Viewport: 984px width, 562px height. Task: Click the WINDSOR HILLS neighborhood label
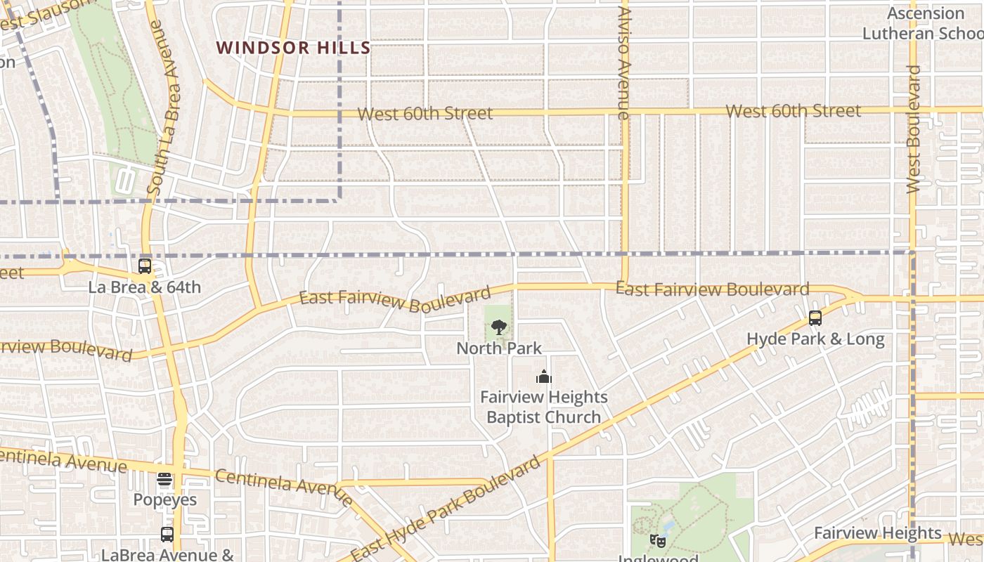pyautogui.click(x=293, y=48)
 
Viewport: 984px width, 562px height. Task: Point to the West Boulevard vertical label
pyautogui.click(x=913, y=129)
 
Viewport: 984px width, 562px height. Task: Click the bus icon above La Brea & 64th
pyautogui.click(x=145, y=266)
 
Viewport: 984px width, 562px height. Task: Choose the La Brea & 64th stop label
pyautogui.click(x=144, y=287)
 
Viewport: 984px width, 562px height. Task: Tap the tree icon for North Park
pyautogui.click(x=498, y=327)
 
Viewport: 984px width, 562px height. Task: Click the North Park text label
pyautogui.click(x=499, y=348)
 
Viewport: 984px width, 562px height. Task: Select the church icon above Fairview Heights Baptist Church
pyautogui.click(x=543, y=377)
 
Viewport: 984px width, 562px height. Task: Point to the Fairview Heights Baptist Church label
pyautogui.click(x=543, y=407)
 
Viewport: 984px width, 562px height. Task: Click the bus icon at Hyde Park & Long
pyautogui.click(x=815, y=318)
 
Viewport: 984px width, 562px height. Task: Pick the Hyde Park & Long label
pyautogui.click(x=815, y=339)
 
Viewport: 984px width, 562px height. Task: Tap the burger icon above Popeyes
pyautogui.click(x=164, y=479)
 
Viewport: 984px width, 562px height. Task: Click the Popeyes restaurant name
pyautogui.click(x=165, y=500)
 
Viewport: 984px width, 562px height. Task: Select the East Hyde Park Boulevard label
pyautogui.click(x=446, y=509)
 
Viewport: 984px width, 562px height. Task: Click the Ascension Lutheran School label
pyautogui.click(x=922, y=23)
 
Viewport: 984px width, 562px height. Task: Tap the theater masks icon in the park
pyautogui.click(x=658, y=540)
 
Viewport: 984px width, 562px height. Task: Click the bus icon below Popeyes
pyautogui.click(x=167, y=534)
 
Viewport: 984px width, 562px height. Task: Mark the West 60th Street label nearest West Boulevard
pyautogui.click(x=793, y=111)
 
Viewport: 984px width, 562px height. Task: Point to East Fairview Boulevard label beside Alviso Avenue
pyautogui.click(x=712, y=289)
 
